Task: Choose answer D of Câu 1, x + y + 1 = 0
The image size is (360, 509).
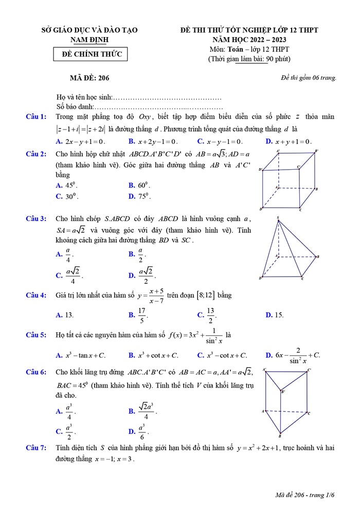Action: point(293,141)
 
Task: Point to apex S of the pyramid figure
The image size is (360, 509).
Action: point(278,219)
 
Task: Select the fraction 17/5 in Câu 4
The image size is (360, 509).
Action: point(142,315)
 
